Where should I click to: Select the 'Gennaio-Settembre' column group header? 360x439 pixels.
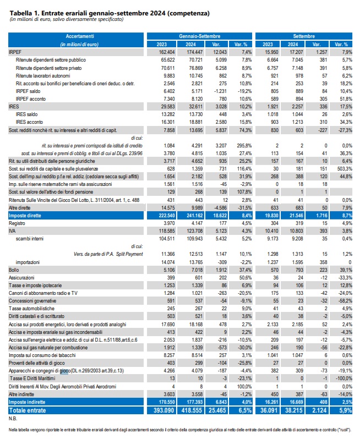[199, 36]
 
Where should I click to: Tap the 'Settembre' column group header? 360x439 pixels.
[304, 36]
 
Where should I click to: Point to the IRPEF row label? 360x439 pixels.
[15, 52]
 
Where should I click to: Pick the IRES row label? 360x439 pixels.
[14, 106]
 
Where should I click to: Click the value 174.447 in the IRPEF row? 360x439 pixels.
[194, 52]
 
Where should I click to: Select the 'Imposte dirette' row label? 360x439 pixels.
[25, 215]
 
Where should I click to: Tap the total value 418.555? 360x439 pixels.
[192, 410]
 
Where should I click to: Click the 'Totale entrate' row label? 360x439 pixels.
[27, 410]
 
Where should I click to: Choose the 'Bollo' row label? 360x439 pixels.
[14, 270]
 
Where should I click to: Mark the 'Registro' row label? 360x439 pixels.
[17, 223]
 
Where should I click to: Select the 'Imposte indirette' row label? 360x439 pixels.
[27, 402]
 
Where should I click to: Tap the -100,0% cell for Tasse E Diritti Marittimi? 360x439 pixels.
[344, 378]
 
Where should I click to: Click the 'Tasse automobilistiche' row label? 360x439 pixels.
[31, 309]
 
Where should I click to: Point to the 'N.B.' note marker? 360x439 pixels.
[13, 419]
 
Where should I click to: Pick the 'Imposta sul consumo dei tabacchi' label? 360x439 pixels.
[42, 355]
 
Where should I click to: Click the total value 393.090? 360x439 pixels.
[164, 410]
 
